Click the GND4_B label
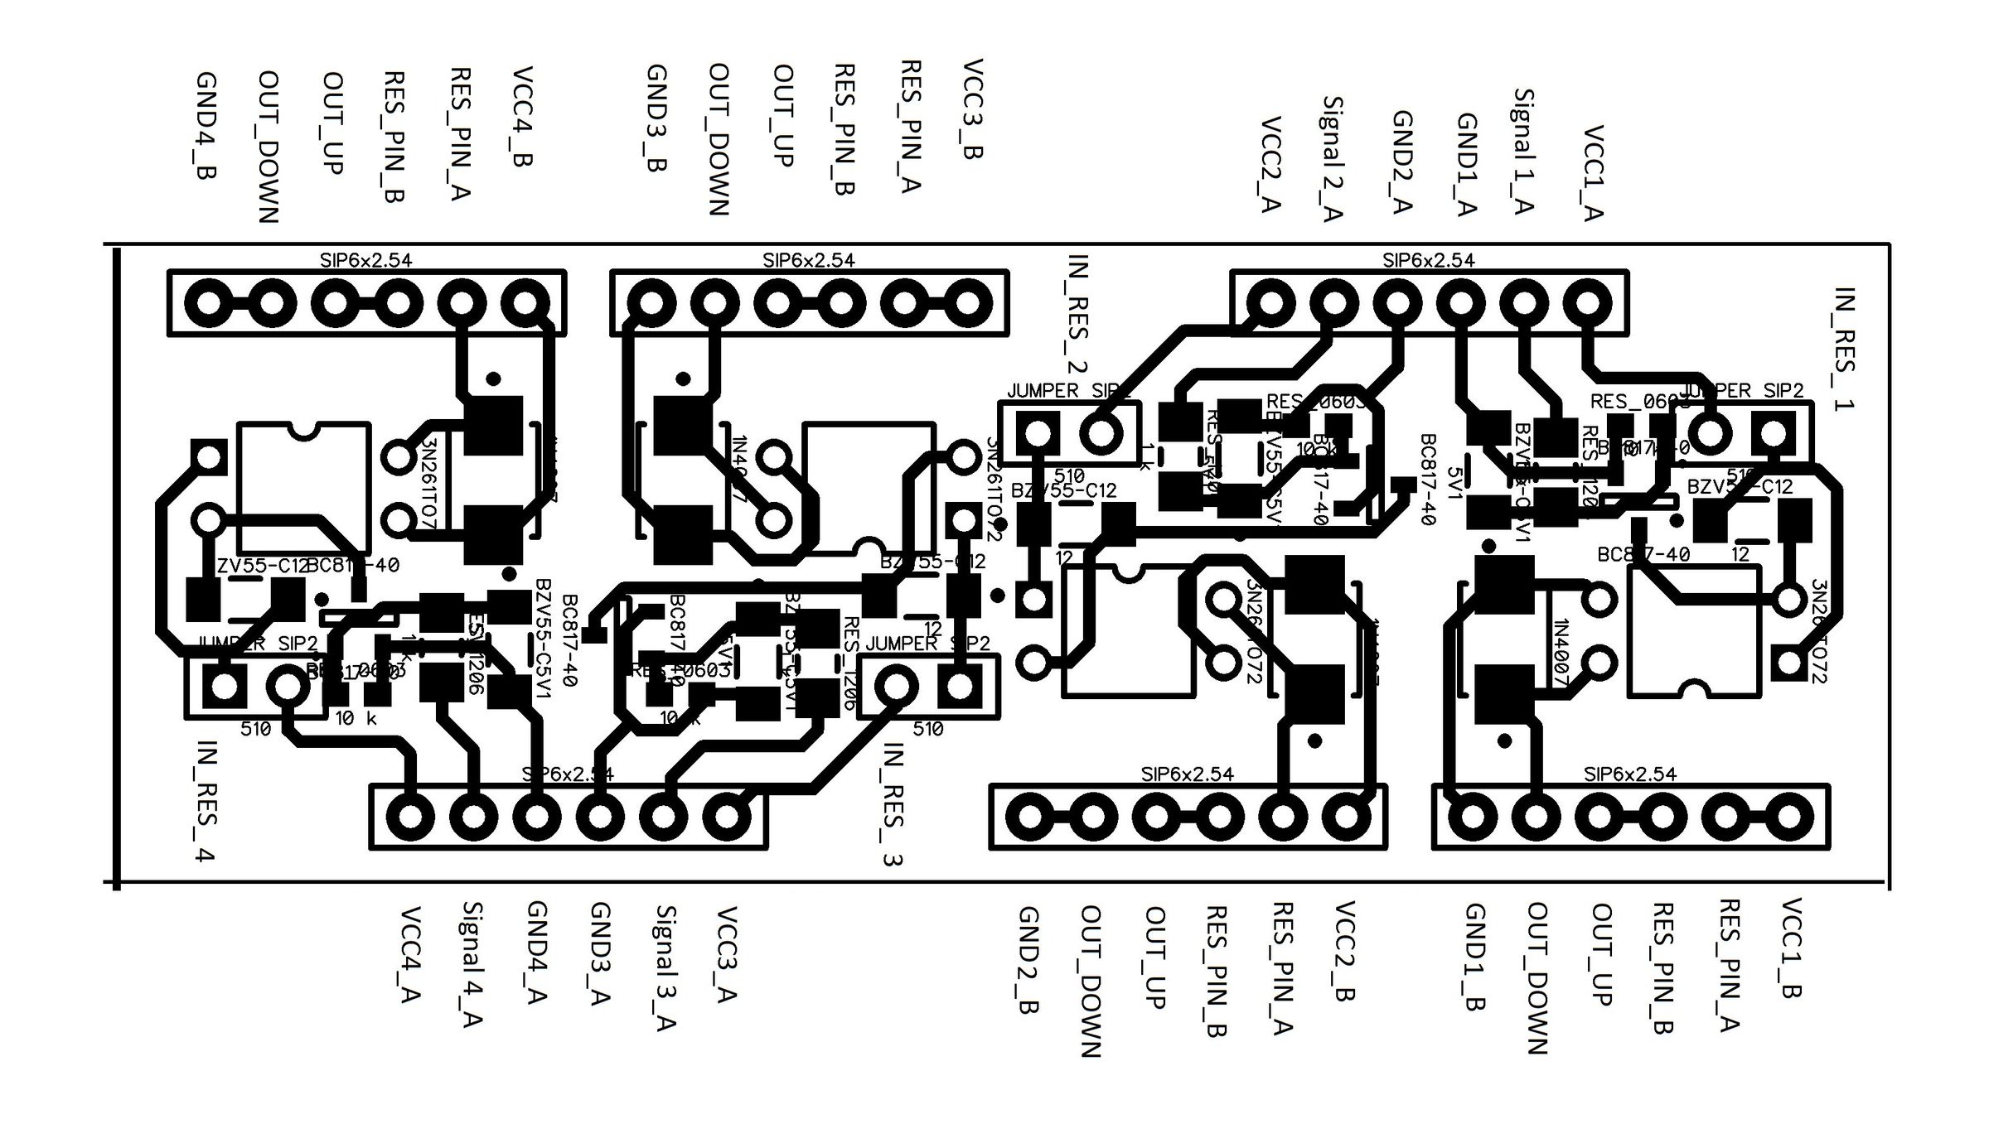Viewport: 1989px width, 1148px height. (x=206, y=126)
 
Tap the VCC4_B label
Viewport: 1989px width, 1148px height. (x=520, y=118)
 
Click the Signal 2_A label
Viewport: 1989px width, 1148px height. (x=1331, y=159)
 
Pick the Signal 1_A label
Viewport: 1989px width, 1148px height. (x=1523, y=152)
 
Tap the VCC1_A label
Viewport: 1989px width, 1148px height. (x=1593, y=173)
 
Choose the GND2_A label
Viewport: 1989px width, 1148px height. (x=1401, y=162)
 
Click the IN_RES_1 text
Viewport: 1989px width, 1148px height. (x=1845, y=349)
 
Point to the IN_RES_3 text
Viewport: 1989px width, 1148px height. (x=892, y=804)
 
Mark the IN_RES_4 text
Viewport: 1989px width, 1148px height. (x=206, y=801)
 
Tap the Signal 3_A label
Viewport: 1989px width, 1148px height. (x=665, y=967)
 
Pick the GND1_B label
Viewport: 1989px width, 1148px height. (x=1474, y=957)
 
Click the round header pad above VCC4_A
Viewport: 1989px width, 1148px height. (x=409, y=817)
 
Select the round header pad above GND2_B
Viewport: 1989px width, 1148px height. (x=1029, y=817)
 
